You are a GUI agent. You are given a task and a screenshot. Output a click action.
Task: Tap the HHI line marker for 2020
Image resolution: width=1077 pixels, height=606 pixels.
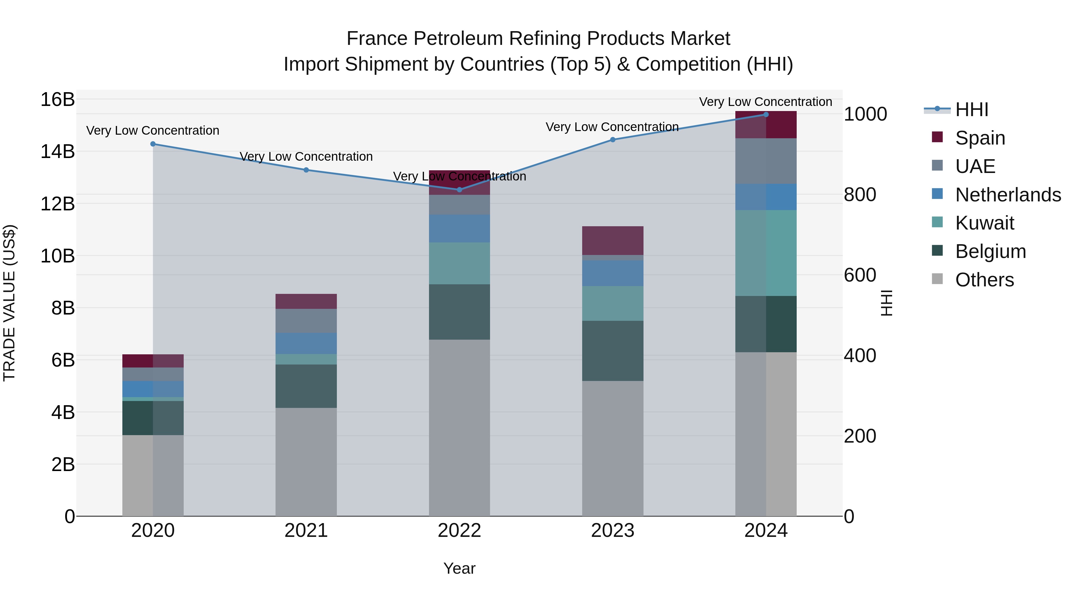(x=153, y=144)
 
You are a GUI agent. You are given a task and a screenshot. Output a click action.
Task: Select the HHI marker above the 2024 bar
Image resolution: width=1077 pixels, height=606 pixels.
(x=766, y=114)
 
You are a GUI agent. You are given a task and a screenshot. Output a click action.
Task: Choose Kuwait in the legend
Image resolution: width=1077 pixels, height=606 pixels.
(x=984, y=223)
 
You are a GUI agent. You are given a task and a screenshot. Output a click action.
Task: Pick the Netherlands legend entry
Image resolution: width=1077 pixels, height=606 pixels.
(x=1008, y=195)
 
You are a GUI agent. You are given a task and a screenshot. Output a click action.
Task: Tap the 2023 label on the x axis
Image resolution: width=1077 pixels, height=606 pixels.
(x=612, y=531)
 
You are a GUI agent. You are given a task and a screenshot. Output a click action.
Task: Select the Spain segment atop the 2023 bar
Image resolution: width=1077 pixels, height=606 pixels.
(x=612, y=241)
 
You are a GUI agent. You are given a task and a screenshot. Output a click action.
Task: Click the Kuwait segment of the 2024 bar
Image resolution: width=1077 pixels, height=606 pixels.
(x=766, y=253)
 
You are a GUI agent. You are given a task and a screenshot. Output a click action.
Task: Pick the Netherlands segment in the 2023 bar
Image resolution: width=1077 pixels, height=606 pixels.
(x=612, y=273)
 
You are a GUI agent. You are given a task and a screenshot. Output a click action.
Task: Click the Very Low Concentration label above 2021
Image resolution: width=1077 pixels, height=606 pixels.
(x=306, y=157)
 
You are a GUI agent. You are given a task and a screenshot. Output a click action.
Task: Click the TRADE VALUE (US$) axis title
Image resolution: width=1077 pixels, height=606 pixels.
(x=9, y=303)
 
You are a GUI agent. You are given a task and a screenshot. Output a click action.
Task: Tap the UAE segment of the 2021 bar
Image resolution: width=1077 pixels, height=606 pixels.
(x=306, y=321)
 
